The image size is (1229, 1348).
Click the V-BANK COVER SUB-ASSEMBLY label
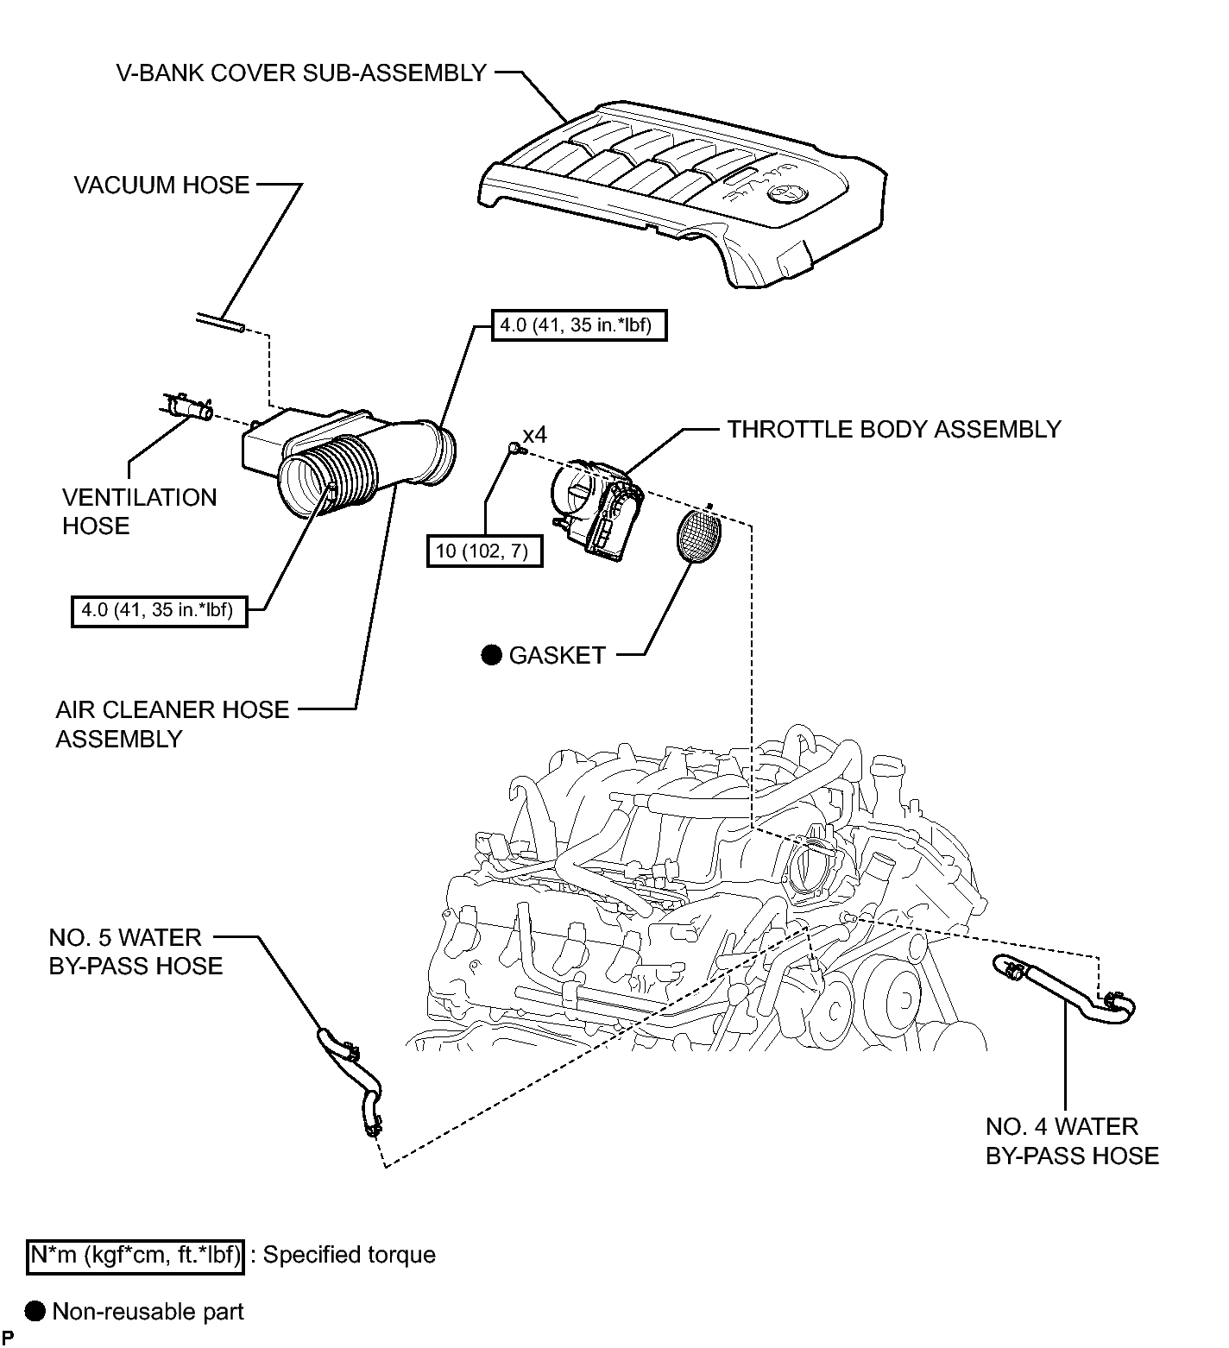[x=301, y=73]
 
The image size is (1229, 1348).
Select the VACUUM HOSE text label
[x=161, y=186]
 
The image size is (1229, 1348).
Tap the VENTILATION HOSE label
[x=139, y=512]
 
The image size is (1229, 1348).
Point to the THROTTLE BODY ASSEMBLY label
[x=894, y=430]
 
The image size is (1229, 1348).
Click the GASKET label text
[x=558, y=656]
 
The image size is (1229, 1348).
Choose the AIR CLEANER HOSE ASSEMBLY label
[x=173, y=724]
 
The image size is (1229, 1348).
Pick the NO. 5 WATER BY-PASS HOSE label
[x=136, y=952]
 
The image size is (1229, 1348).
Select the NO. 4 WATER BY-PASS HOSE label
[x=1072, y=1141]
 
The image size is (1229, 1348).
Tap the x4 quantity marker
[x=534, y=435]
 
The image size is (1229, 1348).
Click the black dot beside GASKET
[x=491, y=655]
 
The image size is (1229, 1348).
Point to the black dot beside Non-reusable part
[x=35, y=1312]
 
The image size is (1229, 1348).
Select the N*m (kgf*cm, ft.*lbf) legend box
[x=136, y=1255]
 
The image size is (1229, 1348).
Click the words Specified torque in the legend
[x=350, y=1255]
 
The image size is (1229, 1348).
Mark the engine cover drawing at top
[x=682, y=194]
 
